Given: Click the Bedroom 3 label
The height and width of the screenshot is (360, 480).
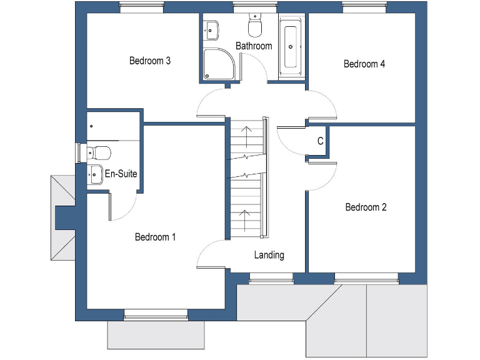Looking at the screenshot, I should [x=150, y=61].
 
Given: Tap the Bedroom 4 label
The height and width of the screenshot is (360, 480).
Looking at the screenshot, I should [x=364, y=64].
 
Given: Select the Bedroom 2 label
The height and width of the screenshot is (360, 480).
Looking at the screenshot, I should [x=366, y=207].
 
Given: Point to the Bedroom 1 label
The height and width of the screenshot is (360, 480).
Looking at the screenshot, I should [x=156, y=237].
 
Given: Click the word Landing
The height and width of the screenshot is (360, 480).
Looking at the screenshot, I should [x=269, y=255].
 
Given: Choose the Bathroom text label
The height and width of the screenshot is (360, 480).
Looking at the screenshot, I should [x=254, y=46].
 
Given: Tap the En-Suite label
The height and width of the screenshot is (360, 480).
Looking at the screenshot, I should [x=121, y=174].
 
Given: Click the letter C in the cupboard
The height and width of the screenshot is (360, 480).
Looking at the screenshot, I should [x=320, y=141].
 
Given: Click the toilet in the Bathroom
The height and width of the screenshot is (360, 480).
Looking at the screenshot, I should [x=255, y=26].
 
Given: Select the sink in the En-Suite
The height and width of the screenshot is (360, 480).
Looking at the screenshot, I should [x=95, y=174].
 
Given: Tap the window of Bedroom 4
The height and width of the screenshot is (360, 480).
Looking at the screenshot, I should [x=363, y=7].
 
